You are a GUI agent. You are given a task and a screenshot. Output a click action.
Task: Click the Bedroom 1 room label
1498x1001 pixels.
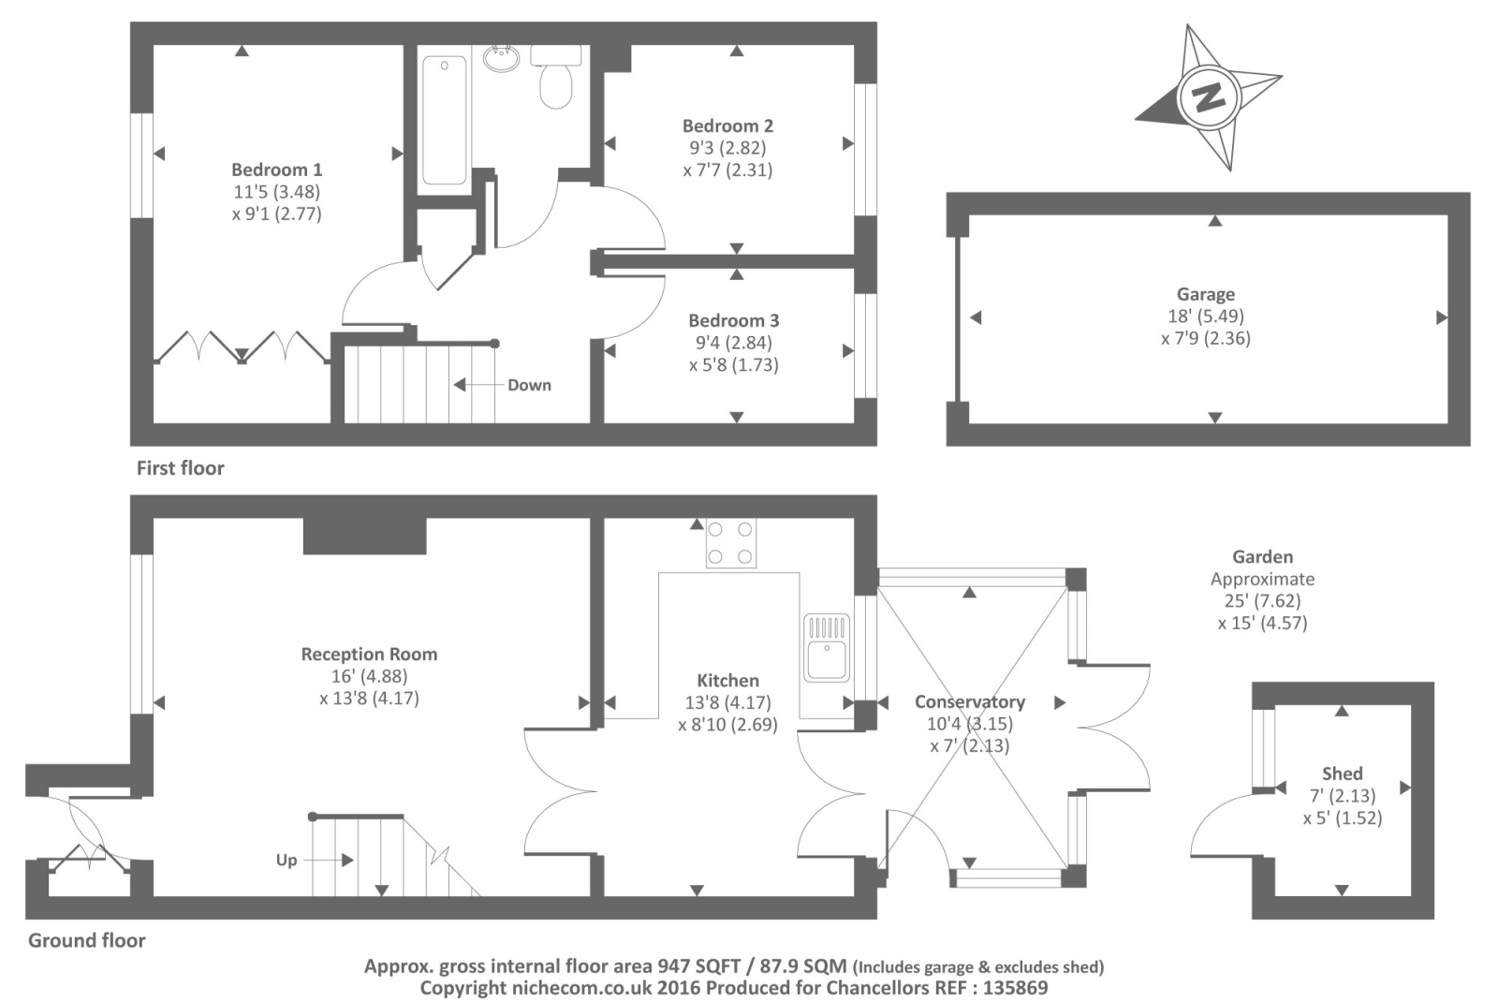[277, 169]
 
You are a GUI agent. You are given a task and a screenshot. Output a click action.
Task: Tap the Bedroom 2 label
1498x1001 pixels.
[727, 125]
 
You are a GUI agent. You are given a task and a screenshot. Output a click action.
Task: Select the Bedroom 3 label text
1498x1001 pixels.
[734, 321]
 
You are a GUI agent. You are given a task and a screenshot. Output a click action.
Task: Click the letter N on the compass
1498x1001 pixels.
[1209, 98]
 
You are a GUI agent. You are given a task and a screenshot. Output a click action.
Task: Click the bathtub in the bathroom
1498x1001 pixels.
[444, 121]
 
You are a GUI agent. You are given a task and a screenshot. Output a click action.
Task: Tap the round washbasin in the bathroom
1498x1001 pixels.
[501, 59]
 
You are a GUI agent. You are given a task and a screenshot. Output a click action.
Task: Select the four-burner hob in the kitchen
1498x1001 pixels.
[731, 543]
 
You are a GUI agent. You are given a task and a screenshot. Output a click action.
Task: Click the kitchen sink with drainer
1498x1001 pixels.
[827, 647]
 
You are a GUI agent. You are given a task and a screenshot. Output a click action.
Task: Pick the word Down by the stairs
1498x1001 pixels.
[530, 385]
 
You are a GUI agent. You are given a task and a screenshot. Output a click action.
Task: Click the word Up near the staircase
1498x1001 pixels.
[286, 861]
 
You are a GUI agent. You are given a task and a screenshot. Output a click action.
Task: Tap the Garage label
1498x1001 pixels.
[1206, 294]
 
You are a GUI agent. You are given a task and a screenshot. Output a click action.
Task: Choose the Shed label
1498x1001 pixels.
[1343, 773]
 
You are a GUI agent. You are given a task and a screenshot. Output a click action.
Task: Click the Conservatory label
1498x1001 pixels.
[970, 701]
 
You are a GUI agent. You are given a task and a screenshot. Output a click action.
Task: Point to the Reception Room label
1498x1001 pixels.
[369, 654]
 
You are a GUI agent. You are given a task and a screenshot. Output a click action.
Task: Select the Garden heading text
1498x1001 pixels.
[1263, 556]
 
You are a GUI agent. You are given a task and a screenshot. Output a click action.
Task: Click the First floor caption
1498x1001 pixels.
[181, 468]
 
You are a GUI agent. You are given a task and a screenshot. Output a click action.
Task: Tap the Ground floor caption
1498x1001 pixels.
[87, 941]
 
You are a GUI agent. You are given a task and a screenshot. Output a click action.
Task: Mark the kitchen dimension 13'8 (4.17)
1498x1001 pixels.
[727, 703]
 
